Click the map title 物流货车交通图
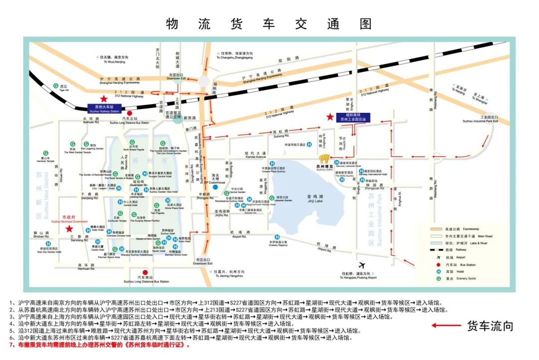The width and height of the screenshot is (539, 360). click(269, 23)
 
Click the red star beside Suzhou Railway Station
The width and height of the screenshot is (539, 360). click(103, 99)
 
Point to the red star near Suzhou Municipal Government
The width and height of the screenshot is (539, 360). click(69, 228)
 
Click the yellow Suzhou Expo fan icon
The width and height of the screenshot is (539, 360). click(324, 159)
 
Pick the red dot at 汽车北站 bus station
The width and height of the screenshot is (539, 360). click(129, 113)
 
